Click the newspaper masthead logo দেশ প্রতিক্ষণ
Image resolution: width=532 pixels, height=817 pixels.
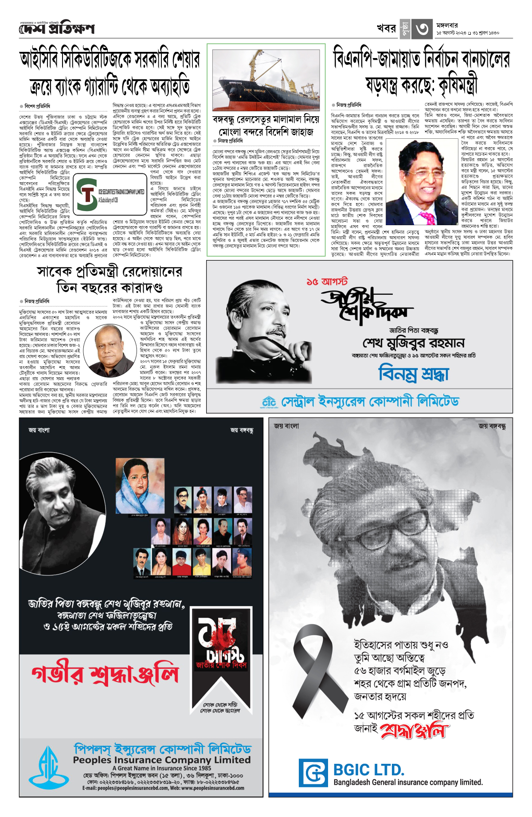click(x=57, y=29)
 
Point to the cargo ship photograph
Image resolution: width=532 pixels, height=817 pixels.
click(x=266, y=80)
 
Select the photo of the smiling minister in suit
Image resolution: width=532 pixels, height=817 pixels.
click(x=422, y=183)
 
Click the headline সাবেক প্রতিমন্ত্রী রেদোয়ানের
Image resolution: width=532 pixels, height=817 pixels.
click(x=109, y=271)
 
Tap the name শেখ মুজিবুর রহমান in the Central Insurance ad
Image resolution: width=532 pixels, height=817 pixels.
click(x=413, y=343)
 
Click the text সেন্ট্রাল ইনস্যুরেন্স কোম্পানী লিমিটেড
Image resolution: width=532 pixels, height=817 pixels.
click(x=370, y=402)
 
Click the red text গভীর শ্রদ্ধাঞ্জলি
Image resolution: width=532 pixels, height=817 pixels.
click(x=105, y=675)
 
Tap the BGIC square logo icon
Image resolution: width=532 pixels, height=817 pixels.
click(x=313, y=773)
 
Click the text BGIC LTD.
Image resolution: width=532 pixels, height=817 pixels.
click(x=369, y=770)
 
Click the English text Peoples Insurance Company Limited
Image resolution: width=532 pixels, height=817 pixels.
click(x=162, y=760)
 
